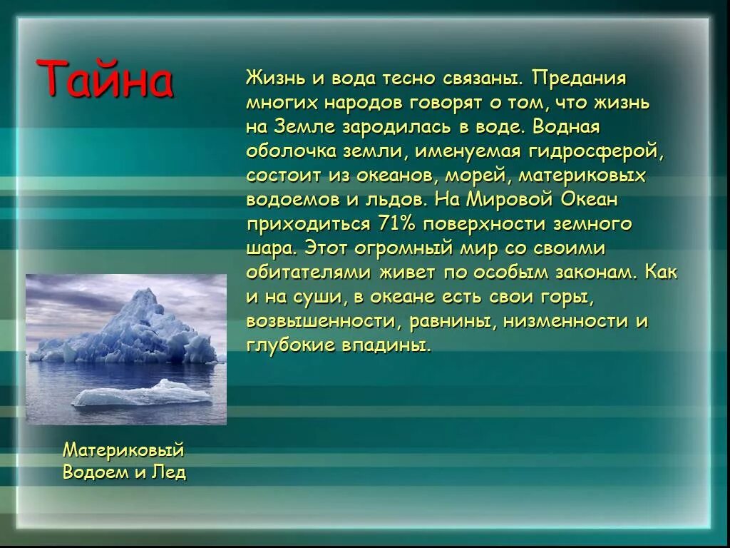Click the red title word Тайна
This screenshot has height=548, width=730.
tap(105, 78)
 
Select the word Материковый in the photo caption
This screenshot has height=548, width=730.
tap(123, 451)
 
